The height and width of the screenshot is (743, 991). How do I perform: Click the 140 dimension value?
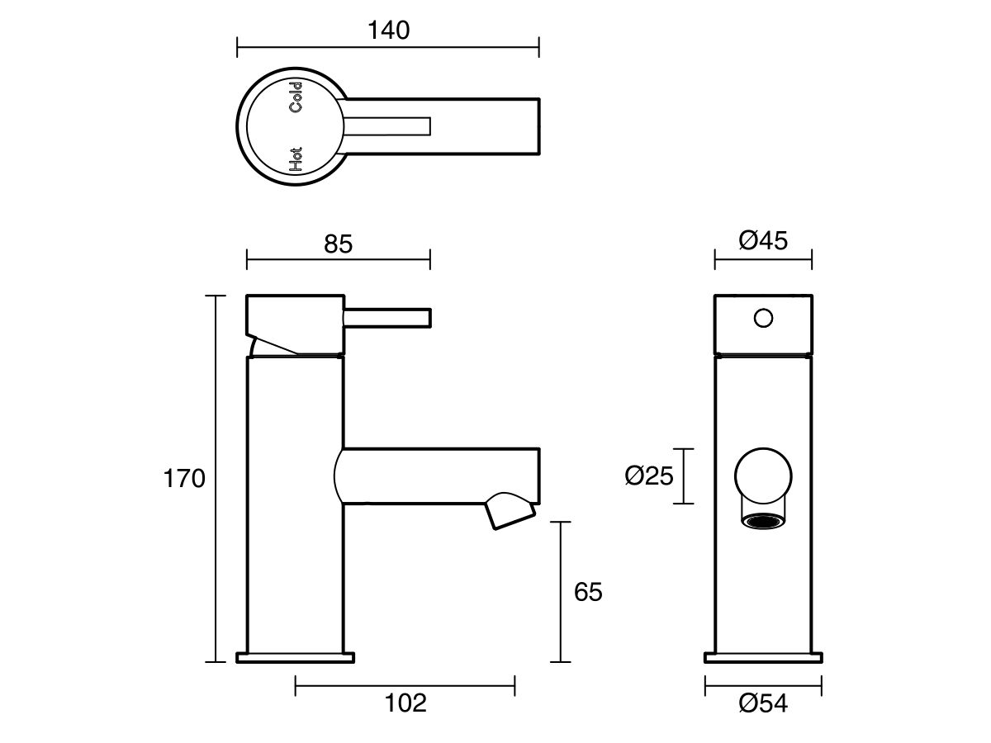click(388, 31)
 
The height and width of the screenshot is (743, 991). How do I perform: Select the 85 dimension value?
click(339, 244)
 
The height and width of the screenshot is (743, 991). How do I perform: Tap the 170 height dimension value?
click(183, 479)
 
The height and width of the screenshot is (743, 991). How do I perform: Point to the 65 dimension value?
click(588, 592)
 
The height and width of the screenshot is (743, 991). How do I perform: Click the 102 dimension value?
click(405, 703)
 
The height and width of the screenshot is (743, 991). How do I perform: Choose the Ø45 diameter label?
click(763, 240)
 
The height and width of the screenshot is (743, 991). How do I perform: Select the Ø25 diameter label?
click(650, 476)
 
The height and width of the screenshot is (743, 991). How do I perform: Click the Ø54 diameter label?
click(763, 703)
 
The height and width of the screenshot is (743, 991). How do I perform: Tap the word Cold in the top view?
click(296, 97)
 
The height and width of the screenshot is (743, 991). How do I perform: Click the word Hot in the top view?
click(296, 159)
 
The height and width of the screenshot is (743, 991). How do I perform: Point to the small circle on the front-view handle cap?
click(763, 317)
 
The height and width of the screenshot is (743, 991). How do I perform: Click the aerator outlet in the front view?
click(761, 521)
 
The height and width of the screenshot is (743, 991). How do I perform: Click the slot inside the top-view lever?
click(388, 125)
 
